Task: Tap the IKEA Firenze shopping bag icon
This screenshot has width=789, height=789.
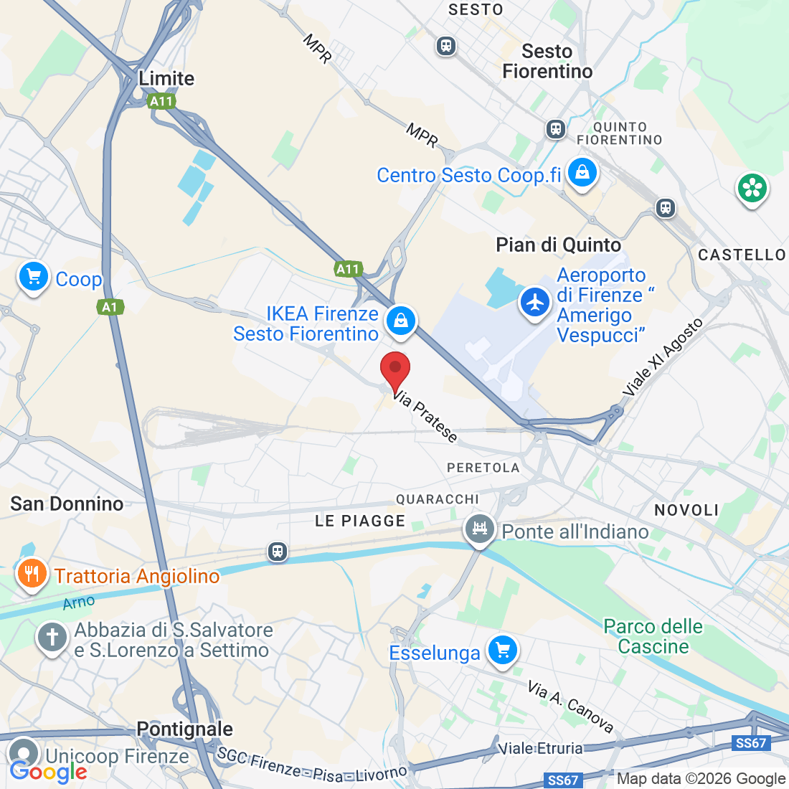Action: [x=401, y=321]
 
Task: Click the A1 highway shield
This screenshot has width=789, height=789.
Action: [x=110, y=307]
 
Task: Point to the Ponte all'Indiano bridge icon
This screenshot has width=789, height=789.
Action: [x=479, y=530]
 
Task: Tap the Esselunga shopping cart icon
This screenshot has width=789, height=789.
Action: [x=502, y=651]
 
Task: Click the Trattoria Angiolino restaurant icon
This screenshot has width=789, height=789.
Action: [x=32, y=574]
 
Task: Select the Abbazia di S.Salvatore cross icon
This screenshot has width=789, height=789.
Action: [x=52, y=637]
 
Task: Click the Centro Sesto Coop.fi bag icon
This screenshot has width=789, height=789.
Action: [x=582, y=174]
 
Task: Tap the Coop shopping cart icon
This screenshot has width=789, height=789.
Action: [x=34, y=277]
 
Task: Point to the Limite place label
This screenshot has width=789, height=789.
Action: [x=166, y=78]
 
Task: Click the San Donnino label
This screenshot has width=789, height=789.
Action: [x=67, y=504]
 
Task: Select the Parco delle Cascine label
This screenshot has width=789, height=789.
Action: [x=653, y=636]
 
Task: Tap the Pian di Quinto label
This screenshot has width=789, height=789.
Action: [x=558, y=245]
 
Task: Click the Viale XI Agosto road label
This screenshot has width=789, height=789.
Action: [x=663, y=357]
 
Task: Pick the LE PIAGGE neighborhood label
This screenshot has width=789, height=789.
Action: [x=360, y=521]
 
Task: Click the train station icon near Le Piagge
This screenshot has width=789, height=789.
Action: [x=278, y=552]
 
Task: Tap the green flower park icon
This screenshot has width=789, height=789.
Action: [x=752, y=189]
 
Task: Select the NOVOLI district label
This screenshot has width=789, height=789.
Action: [x=686, y=510]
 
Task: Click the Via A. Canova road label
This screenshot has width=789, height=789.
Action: [x=571, y=707]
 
